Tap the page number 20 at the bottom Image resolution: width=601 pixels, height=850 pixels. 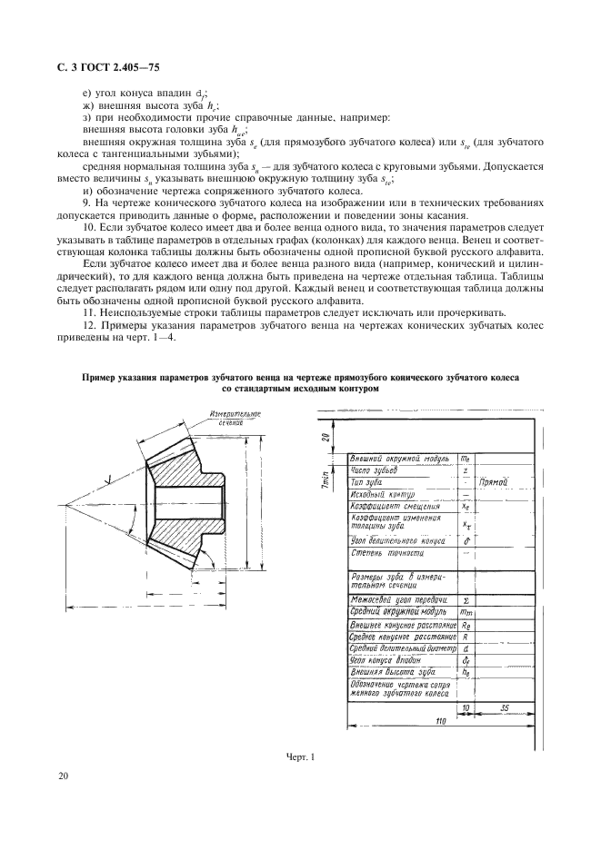pyautogui.click(x=63, y=776)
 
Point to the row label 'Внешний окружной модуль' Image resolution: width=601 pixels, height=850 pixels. pyautogui.click(x=400, y=460)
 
